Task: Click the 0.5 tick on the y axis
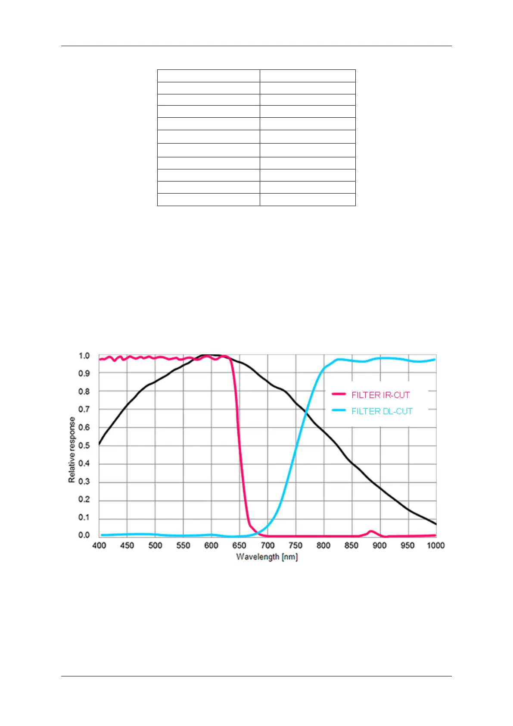84,445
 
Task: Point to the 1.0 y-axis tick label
84,356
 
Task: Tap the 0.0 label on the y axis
84,535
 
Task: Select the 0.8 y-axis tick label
84,391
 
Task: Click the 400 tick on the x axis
99,545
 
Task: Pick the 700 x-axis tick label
267,545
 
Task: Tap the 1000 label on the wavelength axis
435,545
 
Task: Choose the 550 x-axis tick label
183,545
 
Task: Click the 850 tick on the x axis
351,545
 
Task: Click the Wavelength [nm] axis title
267,557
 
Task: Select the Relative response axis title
72,450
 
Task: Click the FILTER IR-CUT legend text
380,395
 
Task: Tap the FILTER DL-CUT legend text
382,411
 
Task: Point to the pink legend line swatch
339,394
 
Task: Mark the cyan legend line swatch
339,410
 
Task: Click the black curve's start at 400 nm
99,444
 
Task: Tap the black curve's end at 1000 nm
436,524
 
